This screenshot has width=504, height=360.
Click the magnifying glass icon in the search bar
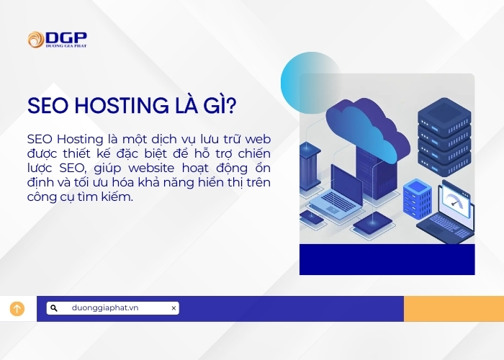54,308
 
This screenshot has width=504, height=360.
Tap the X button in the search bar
174,308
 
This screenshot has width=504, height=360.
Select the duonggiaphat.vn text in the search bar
105,308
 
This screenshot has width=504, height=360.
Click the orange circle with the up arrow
17,309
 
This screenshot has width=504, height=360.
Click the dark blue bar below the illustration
387,259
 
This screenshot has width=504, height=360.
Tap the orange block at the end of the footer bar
454,308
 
